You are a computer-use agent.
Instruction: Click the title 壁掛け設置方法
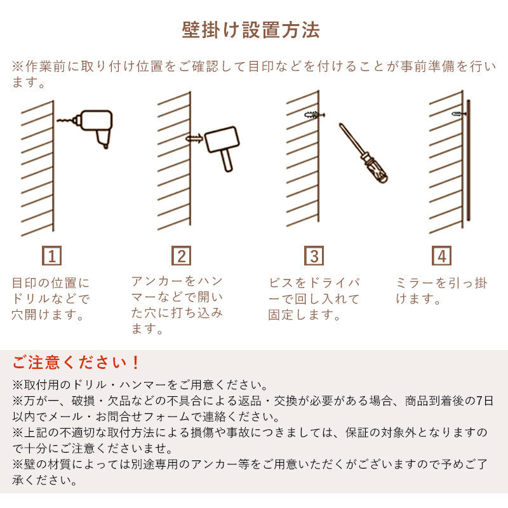coord(251,30)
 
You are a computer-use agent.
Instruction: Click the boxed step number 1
coord(52,256)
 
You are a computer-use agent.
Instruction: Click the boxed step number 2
coord(182,256)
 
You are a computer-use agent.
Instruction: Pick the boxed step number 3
coord(314,256)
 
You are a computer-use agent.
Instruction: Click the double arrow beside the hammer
coord(194,137)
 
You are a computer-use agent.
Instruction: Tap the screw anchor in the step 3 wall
coord(314,116)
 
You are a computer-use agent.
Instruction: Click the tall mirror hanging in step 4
coord(468,159)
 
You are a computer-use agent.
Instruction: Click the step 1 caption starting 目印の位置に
coord(51,298)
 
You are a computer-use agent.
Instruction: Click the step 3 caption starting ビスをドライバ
coord(314,298)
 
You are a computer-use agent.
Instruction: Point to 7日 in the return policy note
coord(484,401)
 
